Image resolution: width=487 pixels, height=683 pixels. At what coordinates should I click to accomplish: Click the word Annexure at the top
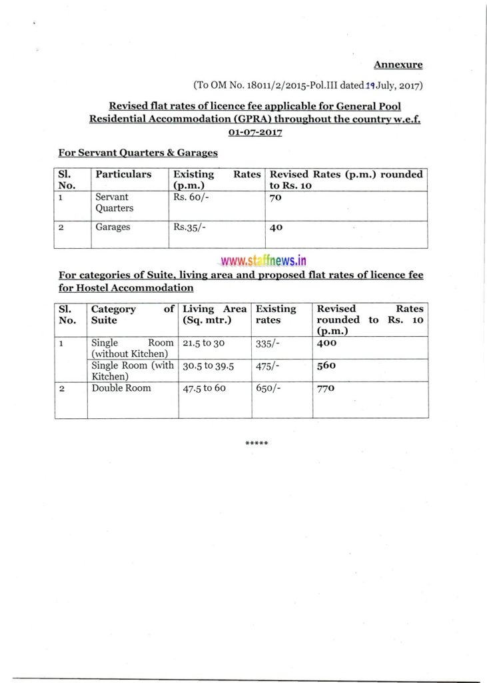(398, 65)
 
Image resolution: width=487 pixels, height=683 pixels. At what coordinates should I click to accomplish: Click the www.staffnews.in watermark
(259, 261)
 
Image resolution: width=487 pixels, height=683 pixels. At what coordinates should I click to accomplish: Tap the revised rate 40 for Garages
(276, 227)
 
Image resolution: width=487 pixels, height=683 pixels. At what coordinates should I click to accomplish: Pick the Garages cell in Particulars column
(113, 227)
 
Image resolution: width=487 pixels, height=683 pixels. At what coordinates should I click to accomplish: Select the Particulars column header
(123, 175)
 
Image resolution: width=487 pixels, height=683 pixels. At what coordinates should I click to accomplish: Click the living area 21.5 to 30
(201, 343)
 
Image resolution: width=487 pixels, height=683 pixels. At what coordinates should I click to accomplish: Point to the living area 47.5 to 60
(204, 388)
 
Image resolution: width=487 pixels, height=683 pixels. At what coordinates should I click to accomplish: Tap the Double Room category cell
(121, 388)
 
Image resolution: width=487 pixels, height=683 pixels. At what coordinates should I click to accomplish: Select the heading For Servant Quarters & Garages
(138, 153)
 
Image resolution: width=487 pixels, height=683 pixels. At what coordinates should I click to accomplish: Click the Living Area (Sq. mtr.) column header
(215, 314)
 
